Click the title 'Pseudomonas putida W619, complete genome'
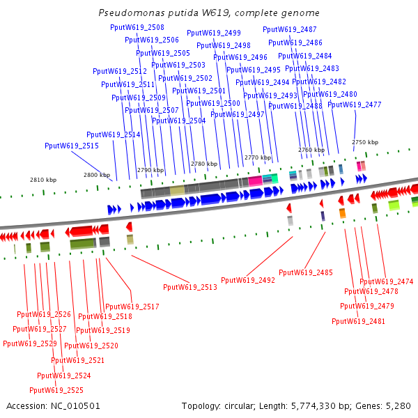click(209, 13)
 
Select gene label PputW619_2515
click(72, 146)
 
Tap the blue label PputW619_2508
click(137, 27)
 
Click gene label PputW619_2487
click(289, 30)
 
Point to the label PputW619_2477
click(355, 104)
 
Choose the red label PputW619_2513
click(190, 287)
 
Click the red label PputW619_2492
click(248, 280)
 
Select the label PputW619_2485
click(306, 272)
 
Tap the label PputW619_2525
click(56, 390)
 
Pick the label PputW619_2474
click(387, 281)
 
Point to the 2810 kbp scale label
click(43, 180)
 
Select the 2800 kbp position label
click(97, 175)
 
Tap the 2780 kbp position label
click(204, 164)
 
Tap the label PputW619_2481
click(359, 321)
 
